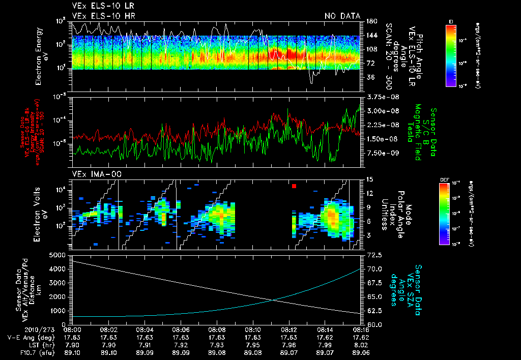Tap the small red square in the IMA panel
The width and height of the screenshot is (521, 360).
tap(294, 187)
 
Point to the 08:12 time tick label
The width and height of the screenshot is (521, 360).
tap(289, 329)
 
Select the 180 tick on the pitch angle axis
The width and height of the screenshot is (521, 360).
tap(371, 21)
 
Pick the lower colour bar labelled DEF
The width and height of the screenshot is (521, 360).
tap(444, 214)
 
